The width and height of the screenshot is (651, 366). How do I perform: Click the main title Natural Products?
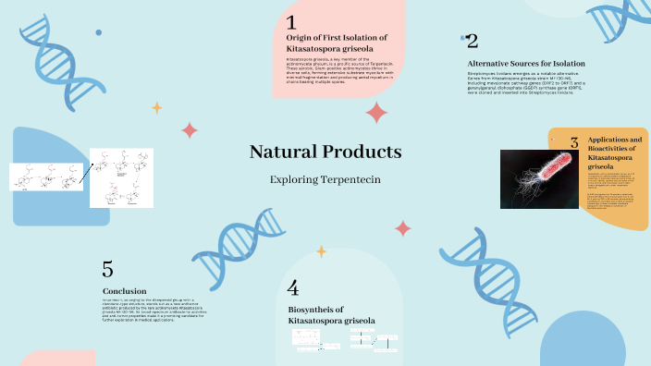tap(325, 152)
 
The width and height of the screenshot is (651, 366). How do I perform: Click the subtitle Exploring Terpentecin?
tap(325, 178)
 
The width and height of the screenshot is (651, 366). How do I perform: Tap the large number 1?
tap(291, 22)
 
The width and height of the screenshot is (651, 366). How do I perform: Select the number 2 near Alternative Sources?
tap(472, 41)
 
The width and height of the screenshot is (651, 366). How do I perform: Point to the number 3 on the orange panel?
tap(574, 143)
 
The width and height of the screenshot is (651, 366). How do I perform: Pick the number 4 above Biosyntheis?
tap(293, 287)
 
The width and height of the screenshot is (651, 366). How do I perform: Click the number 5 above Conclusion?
tap(108, 269)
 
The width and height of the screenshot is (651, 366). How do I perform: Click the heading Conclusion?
tap(124, 291)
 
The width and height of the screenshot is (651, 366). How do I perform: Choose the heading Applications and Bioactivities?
tap(614, 152)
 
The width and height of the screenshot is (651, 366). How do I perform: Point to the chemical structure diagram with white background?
tap(121, 177)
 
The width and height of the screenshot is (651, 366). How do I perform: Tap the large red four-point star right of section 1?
tap(376, 113)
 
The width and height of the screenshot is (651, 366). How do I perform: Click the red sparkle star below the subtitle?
tap(403, 227)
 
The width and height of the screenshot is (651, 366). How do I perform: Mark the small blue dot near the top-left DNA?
tap(98, 32)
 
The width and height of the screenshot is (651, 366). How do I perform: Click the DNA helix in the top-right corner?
tap(609, 29)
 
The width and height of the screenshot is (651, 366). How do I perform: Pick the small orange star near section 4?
tap(322, 250)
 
